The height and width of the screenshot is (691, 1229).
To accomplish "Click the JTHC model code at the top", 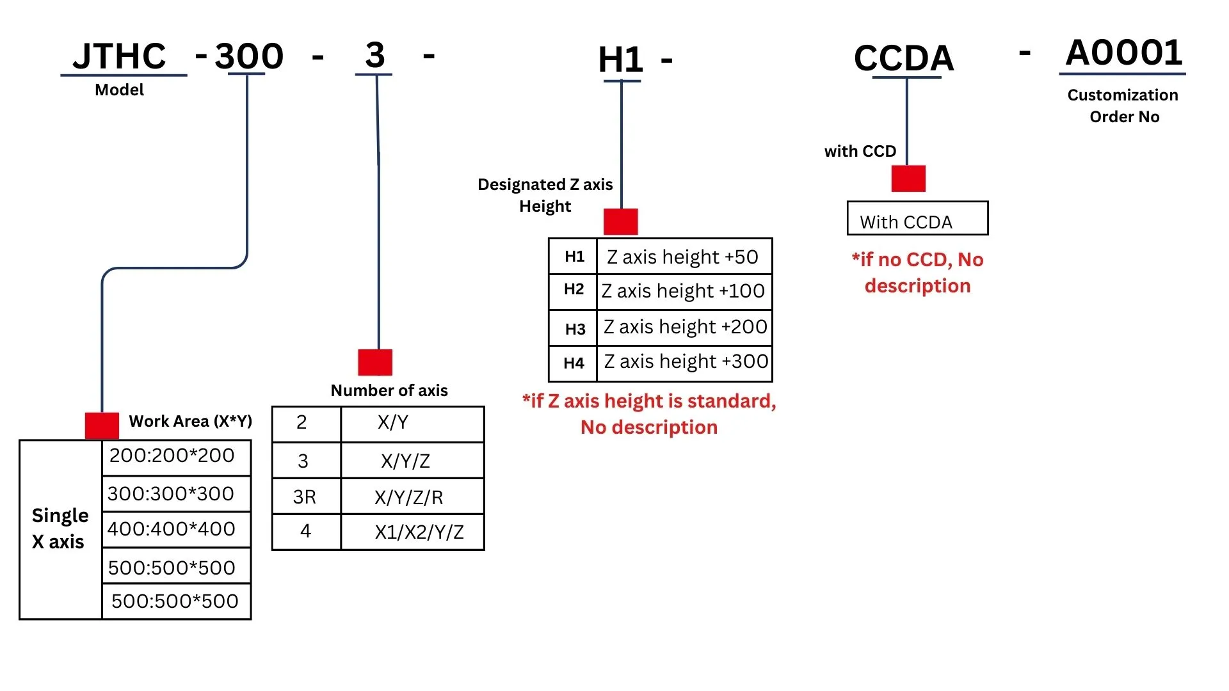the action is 119,56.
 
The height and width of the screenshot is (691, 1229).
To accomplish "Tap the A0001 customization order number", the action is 1124,52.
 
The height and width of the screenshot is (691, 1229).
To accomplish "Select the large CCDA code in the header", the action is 904,58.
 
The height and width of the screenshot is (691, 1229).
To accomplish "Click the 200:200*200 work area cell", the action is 176,457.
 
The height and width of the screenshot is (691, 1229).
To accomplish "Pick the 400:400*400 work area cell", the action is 176,529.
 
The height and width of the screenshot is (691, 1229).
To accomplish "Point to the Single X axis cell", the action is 60,529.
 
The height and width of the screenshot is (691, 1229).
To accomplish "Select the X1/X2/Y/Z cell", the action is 412,532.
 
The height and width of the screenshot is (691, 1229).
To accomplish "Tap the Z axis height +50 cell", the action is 684,257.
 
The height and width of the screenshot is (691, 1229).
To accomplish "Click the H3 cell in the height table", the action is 573,328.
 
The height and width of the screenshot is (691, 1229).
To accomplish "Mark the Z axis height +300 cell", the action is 684,363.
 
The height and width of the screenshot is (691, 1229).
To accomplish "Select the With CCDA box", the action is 917,218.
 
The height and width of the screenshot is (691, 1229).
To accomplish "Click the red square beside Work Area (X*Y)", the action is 102,425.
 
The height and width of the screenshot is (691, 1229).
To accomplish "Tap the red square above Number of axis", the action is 375,362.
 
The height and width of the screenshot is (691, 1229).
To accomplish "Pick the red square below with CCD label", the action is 908,179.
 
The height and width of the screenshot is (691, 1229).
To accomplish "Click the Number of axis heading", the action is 389,390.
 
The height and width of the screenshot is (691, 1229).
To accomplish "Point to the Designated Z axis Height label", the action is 545,195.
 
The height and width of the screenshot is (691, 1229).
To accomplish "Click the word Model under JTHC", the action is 119,90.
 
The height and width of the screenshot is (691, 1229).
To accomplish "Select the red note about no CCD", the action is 917,273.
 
